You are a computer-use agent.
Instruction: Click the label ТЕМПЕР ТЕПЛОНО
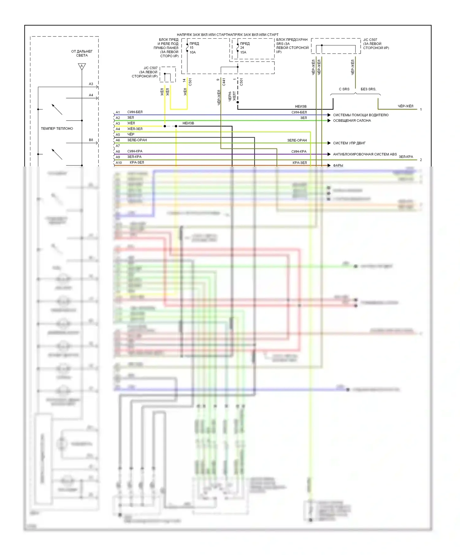(57, 128)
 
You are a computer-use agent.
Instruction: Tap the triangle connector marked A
(82, 66)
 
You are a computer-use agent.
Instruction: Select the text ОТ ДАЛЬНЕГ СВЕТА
(82, 53)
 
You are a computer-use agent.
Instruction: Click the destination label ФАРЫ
(338, 165)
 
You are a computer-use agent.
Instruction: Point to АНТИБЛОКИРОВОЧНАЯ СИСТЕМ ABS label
(365, 154)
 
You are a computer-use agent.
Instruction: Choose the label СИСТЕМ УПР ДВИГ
(349, 143)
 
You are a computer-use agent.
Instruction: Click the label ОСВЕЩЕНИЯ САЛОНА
(352, 121)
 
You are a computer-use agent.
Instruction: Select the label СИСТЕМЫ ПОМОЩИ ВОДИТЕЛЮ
(360, 115)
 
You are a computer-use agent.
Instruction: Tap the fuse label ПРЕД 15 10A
(194, 48)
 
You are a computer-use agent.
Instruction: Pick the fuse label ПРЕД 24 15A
(244, 48)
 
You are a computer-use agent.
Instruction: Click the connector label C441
(224, 82)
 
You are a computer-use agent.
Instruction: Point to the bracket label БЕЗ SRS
(368, 89)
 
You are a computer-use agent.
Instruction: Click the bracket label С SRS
(344, 89)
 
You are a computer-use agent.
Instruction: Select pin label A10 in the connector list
(119, 163)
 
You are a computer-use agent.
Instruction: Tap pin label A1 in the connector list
(118, 112)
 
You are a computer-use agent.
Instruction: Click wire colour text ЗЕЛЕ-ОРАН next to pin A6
(137, 140)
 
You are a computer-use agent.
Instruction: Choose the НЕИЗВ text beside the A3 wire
(188, 123)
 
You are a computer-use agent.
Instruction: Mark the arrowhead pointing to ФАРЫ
(329, 165)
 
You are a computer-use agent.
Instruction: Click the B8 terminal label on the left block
(91, 140)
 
